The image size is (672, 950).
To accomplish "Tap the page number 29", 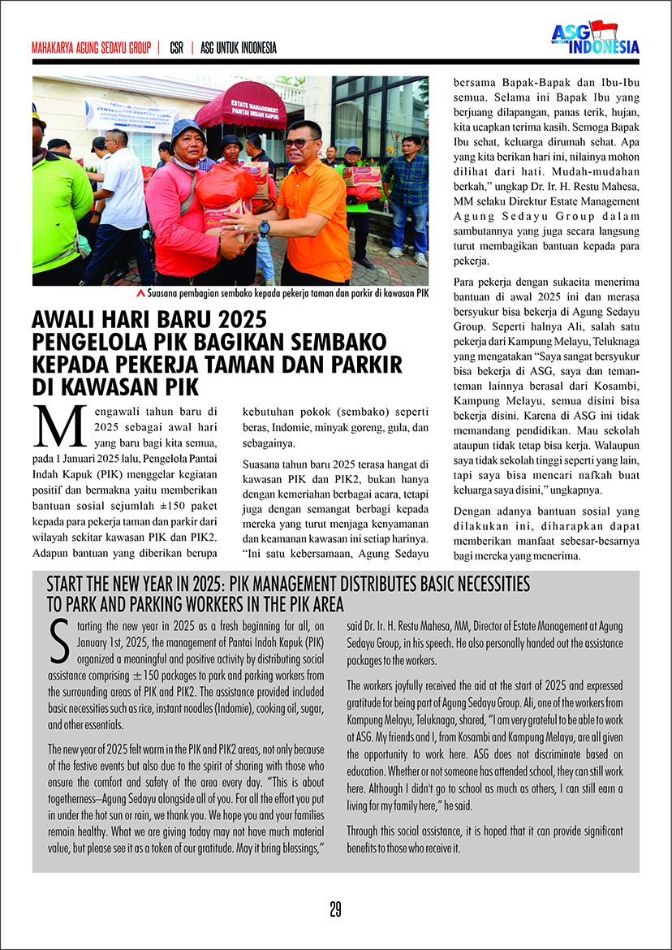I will coord(335,909).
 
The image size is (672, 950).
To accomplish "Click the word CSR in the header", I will coord(176,48).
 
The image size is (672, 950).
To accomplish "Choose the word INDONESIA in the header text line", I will coord(251,48).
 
